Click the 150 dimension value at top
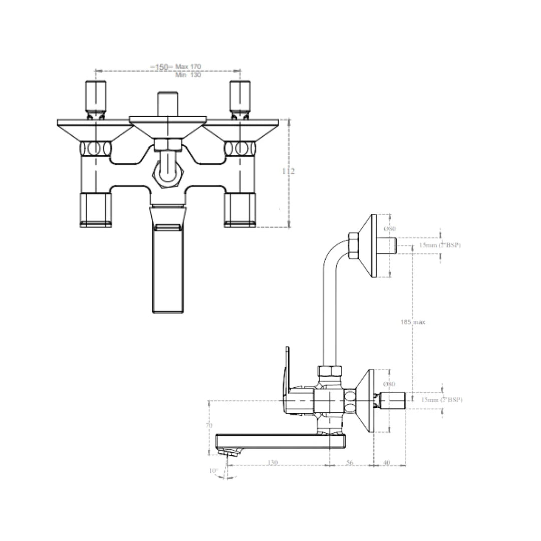(x=161, y=67)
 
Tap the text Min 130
(x=188, y=75)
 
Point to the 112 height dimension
(x=289, y=171)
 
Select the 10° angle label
(x=213, y=471)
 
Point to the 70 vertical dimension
(x=209, y=425)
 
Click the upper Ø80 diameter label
(x=390, y=229)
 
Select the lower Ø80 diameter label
(x=390, y=384)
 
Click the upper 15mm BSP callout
(x=440, y=245)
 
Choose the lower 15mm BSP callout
(x=441, y=400)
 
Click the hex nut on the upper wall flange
(x=353, y=245)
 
